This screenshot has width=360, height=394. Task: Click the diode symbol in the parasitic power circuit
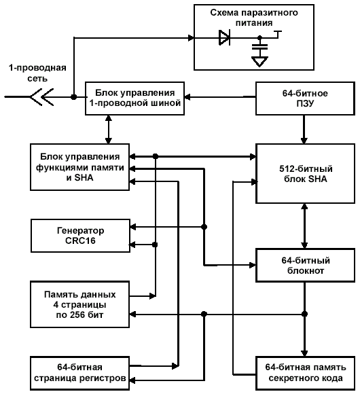pos(224,37)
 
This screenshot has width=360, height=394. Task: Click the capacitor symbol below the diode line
pos(260,47)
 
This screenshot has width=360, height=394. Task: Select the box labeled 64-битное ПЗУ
pos(305,98)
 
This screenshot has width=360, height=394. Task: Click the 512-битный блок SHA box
pos(305,174)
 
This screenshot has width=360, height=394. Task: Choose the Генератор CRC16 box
pos(80,236)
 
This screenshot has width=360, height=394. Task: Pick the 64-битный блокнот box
pos(305,266)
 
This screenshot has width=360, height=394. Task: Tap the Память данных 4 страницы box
pos(80,304)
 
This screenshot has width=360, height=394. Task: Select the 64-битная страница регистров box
pos(80,373)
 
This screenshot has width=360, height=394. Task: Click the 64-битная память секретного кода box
pos(305,373)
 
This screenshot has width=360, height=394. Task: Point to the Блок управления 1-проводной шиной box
pos(135,98)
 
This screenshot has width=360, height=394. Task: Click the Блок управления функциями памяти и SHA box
pos(80,167)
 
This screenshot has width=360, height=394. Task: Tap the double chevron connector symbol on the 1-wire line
pos(41,96)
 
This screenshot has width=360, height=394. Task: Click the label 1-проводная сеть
pos(37,73)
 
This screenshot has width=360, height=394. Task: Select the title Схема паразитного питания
pos(254,18)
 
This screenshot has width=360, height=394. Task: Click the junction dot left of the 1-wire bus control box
pos(73,96)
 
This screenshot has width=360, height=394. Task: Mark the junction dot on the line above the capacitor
pos(260,38)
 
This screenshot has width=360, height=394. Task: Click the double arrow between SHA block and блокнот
pos(304,226)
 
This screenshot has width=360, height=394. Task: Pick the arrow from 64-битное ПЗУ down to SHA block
pos(304,129)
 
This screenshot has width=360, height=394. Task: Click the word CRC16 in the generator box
pos(80,240)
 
